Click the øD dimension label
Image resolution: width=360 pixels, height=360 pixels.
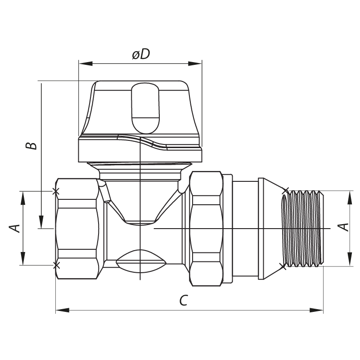(x=140, y=54)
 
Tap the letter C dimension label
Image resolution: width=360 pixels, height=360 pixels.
(x=183, y=301)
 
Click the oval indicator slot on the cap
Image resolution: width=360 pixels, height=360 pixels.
(x=145, y=108)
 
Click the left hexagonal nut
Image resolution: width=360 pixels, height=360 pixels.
(x=77, y=228)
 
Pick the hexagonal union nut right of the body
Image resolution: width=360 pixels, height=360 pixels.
(x=207, y=228)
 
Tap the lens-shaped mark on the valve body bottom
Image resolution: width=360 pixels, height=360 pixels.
(x=140, y=261)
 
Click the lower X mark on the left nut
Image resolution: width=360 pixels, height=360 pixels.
(x=56, y=265)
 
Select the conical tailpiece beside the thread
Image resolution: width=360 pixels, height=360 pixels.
(x=270, y=228)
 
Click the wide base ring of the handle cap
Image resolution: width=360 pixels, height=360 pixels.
(x=140, y=149)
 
